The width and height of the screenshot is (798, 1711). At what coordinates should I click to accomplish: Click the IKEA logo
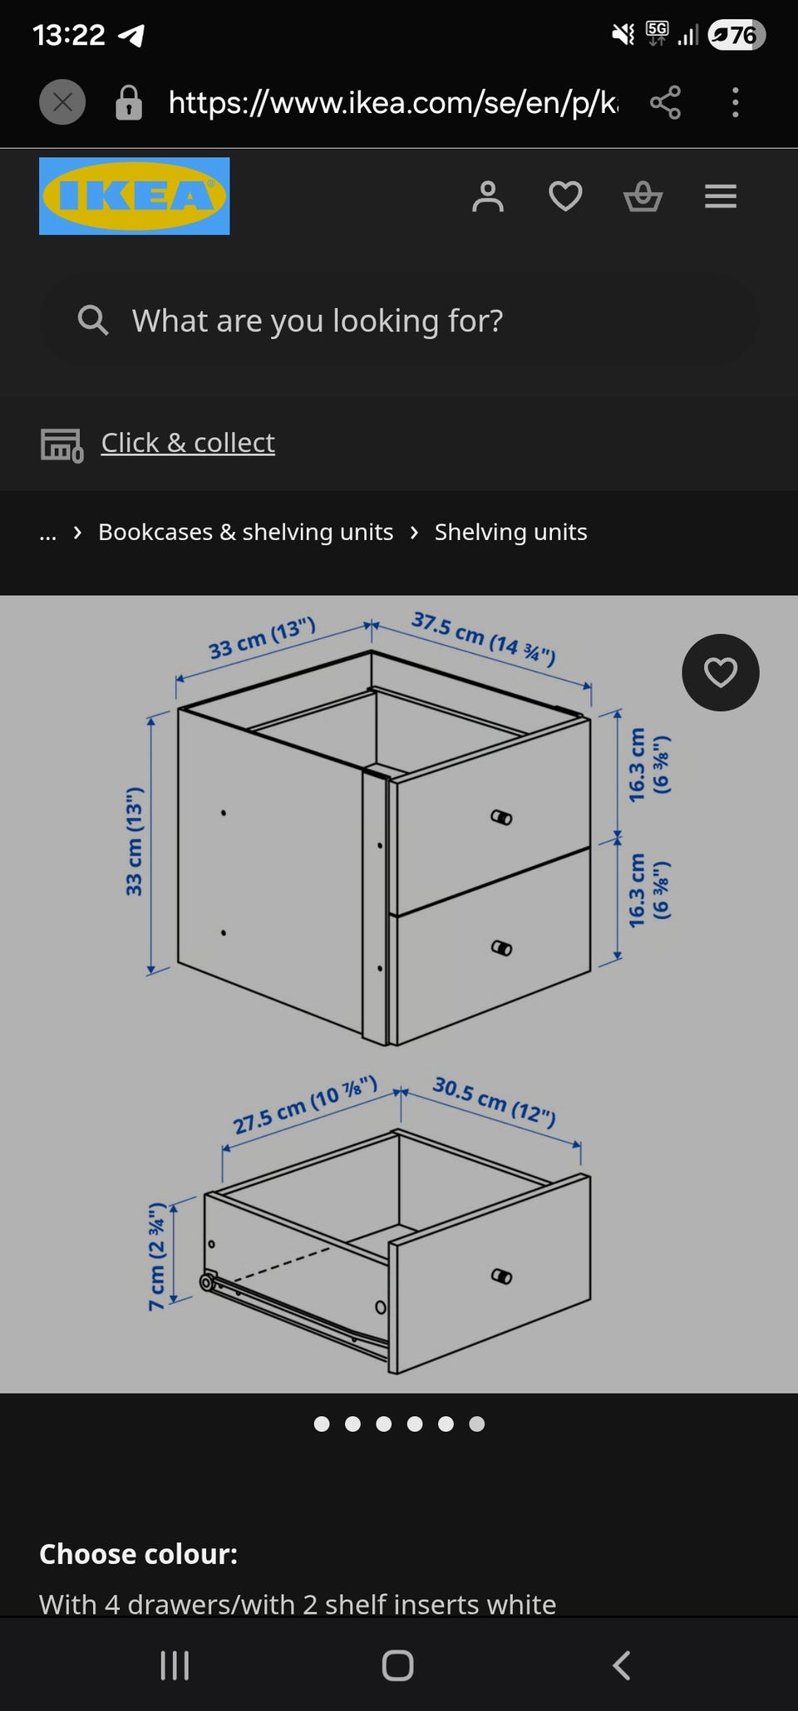[x=134, y=196]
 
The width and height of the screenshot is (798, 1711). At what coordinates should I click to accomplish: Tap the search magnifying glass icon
[x=92, y=320]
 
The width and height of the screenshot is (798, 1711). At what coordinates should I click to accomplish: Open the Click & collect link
[x=188, y=443]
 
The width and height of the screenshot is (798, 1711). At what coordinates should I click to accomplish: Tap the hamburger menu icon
[x=721, y=197]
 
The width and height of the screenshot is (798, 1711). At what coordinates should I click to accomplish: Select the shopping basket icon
[x=643, y=197]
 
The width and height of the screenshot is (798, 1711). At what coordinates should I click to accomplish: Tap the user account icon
[x=488, y=197]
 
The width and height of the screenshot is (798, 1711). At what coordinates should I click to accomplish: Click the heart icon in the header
[x=565, y=197]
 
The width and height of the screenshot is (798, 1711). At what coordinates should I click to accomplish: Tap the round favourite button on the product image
[x=721, y=672]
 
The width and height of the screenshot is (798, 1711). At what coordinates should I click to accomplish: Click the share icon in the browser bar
[x=665, y=102]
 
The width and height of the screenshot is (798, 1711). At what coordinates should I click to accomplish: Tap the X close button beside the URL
[x=62, y=102]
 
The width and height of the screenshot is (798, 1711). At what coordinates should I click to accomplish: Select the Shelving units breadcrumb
[x=510, y=532]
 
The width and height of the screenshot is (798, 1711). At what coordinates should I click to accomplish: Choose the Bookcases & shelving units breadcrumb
[x=246, y=532]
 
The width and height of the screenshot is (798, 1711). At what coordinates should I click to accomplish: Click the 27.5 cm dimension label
[x=305, y=1105]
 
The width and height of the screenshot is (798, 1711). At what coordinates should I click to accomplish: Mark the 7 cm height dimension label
[x=156, y=1256]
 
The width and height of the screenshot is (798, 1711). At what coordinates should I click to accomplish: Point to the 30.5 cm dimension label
[x=494, y=1101]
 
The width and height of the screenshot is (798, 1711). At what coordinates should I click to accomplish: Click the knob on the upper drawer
[x=501, y=818]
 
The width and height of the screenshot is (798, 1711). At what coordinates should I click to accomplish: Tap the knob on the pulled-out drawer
[x=501, y=1276]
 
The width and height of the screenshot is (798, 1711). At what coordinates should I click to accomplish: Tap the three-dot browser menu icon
[x=735, y=102]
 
